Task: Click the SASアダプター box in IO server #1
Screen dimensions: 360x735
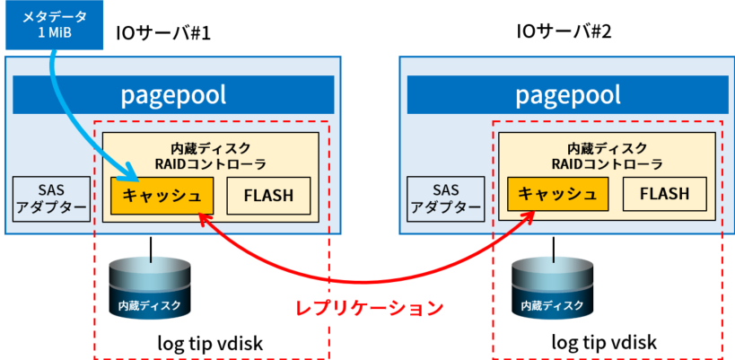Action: [x=51, y=198]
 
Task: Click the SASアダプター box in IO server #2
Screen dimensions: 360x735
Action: [x=446, y=198]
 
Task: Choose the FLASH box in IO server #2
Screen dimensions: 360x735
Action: [x=664, y=193]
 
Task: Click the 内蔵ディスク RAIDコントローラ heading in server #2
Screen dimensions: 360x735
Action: [x=607, y=156]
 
